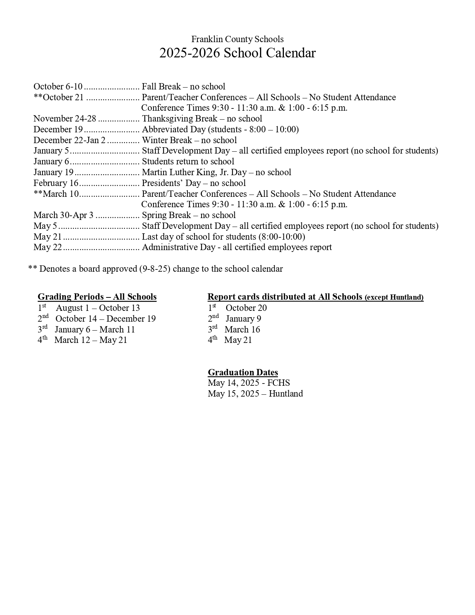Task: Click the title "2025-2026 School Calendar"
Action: pos(237,53)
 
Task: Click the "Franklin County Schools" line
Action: pos(237,39)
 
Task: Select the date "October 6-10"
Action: pos(58,86)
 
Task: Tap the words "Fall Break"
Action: pos(161,86)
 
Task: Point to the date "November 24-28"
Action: pos(65,119)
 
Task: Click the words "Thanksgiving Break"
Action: pos(180,119)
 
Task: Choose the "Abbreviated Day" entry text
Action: pos(174,129)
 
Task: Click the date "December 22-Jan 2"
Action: pos(69,140)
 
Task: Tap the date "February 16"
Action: pos(56,183)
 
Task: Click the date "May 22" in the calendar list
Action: pos(47,247)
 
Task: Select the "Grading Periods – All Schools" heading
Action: pos(97,297)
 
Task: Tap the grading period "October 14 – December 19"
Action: pos(105,319)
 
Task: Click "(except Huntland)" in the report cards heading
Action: pos(394,297)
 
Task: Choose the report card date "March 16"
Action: pos(242,329)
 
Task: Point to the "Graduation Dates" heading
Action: pos(243,372)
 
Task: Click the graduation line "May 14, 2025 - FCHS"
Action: pos(248,383)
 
